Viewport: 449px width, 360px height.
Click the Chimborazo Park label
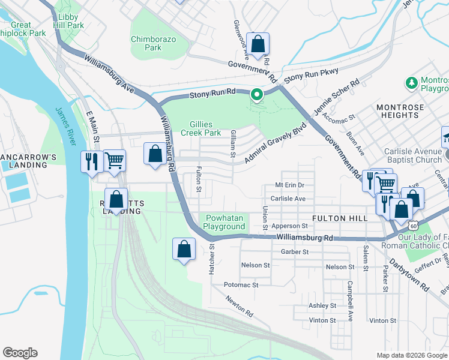tap(146, 43)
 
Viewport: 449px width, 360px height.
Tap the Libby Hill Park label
tap(67, 21)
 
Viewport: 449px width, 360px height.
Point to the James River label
tap(66, 126)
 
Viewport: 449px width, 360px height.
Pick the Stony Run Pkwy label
tap(311, 76)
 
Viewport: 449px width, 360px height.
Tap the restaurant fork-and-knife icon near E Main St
tap(92, 161)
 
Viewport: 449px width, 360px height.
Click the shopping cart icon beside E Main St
tap(114, 160)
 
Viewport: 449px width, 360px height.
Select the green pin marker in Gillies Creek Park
tap(258, 95)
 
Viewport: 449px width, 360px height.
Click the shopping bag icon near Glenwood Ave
tap(258, 44)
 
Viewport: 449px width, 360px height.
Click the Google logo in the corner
tap(20, 352)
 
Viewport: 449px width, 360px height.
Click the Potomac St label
tap(241, 285)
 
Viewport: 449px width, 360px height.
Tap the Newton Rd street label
tap(240, 307)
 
